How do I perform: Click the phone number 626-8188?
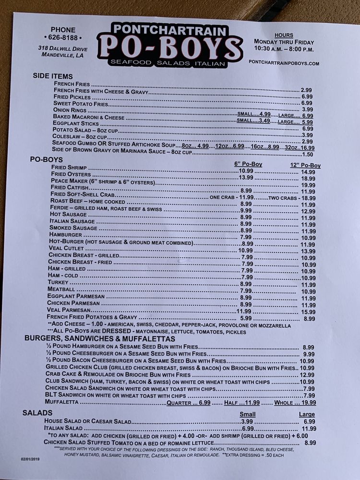tap(63, 37)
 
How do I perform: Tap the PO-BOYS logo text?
tap(170, 48)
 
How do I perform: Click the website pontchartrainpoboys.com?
tap(284, 63)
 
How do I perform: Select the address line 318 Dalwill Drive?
tap(63, 48)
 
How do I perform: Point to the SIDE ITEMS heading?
tap(53, 76)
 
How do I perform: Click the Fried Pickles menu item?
tap(72, 96)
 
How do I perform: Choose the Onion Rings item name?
tap(70, 110)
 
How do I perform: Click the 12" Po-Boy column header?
tap(305, 166)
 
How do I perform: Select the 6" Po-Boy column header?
tap(248, 164)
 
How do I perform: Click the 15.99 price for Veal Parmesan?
tap(308, 312)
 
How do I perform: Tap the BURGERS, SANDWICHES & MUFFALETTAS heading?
tap(100, 339)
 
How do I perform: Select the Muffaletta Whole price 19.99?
tap(309, 403)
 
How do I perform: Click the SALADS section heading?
tap(37, 413)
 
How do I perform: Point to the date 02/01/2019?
tap(31, 459)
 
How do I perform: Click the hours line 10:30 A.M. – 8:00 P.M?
tap(284, 49)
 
